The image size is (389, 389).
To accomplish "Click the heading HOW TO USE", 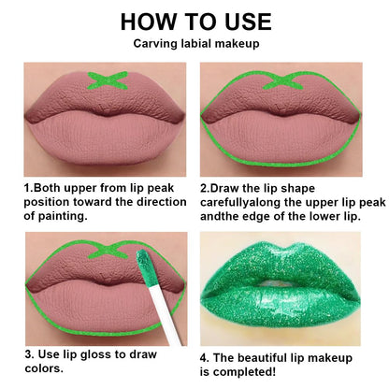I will click(195, 21).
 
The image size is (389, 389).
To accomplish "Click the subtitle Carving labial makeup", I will click(195, 43).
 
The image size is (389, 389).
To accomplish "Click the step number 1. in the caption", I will click(28, 187).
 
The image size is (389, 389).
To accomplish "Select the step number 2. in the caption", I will click(205, 187).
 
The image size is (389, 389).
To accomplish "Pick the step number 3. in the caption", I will click(28, 354).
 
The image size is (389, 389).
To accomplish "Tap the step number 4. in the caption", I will click(206, 356).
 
